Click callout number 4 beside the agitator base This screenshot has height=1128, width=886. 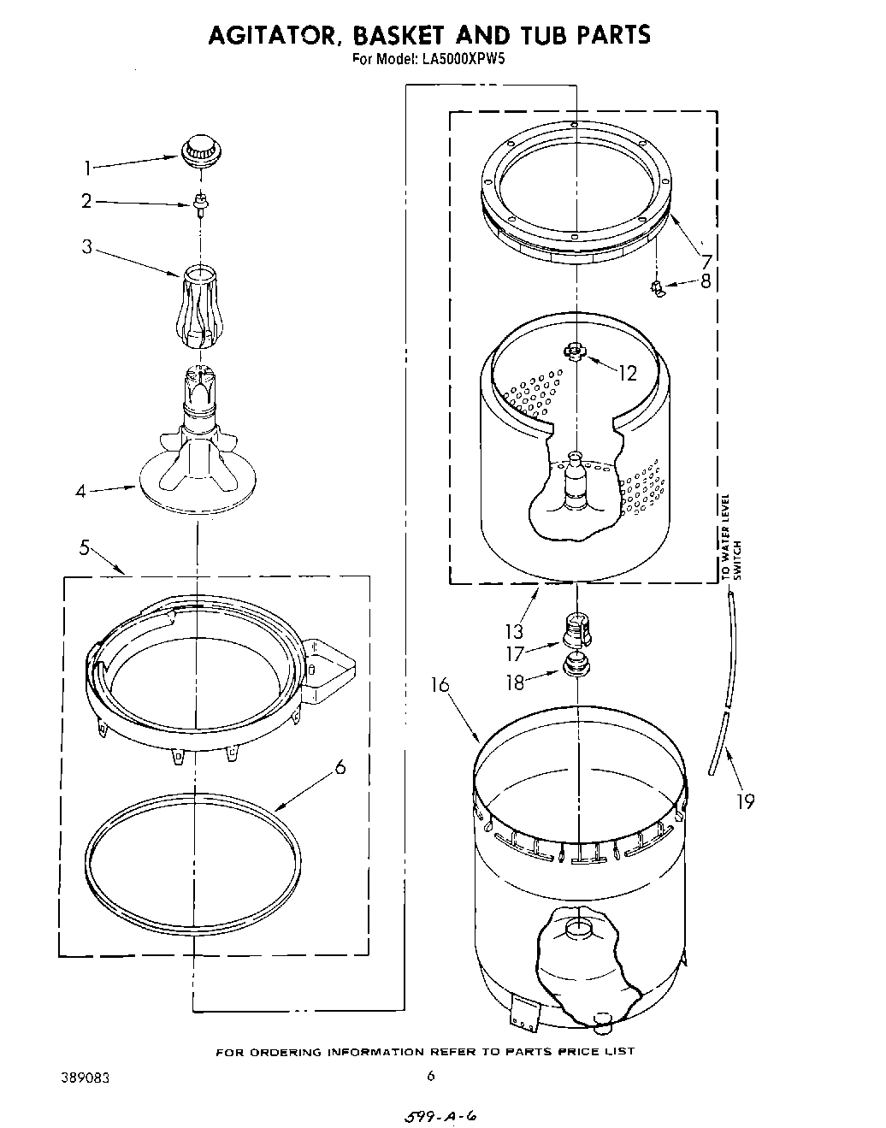pyautogui.click(x=80, y=492)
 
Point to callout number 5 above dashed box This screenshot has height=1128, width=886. pyautogui.click(x=85, y=548)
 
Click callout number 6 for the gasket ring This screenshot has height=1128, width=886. pyautogui.click(x=340, y=767)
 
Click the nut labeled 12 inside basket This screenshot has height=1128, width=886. pyautogui.click(x=574, y=351)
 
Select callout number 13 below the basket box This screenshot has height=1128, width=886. pyautogui.click(x=513, y=632)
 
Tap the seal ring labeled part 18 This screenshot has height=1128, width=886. pyautogui.click(x=576, y=664)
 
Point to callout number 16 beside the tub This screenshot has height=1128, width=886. pyautogui.click(x=440, y=686)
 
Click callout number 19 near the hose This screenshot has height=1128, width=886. pyautogui.click(x=745, y=801)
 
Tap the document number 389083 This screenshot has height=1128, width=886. pyautogui.click(x=85, y=1075)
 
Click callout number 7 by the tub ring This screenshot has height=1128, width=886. pyautogui.click(x=706, y=261)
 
